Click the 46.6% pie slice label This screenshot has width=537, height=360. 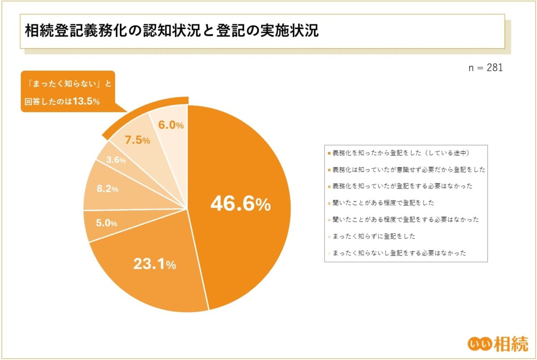240,204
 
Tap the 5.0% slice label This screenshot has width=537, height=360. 107,223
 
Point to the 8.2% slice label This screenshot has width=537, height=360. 107,189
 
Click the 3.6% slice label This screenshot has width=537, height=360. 116,160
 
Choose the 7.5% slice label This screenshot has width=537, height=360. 137,140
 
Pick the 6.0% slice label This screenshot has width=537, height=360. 171,125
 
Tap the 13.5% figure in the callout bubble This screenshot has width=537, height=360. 85,102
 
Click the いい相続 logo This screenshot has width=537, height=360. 497,343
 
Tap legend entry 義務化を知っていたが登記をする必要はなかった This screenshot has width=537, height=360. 403,186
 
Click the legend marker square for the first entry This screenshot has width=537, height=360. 330,153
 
